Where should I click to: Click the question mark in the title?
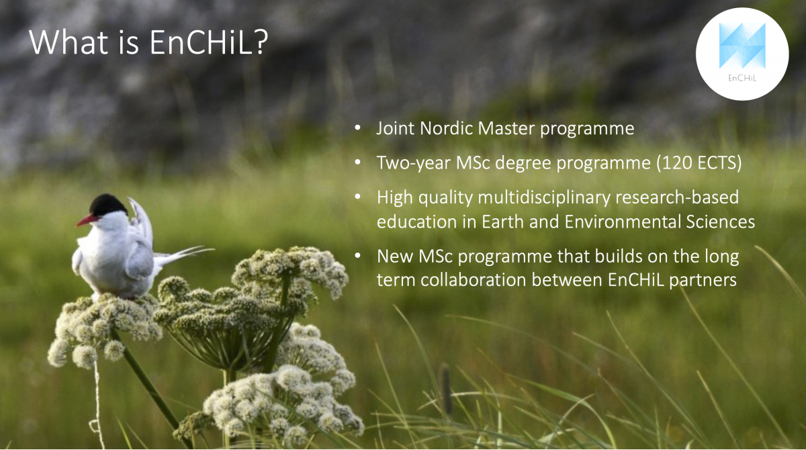coord(260,42)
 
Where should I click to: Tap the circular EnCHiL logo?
coord(742,54)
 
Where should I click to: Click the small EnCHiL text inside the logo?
coord(742,78)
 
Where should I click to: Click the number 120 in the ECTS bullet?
coord(677,163)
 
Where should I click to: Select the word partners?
coord(703,281)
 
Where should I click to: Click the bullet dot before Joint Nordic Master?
coord(357,128)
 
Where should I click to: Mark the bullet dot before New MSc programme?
coord(357,255)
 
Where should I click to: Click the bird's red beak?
coord(87,220)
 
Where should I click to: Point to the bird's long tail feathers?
coord(184,254)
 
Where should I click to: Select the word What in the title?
coord(69,42)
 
